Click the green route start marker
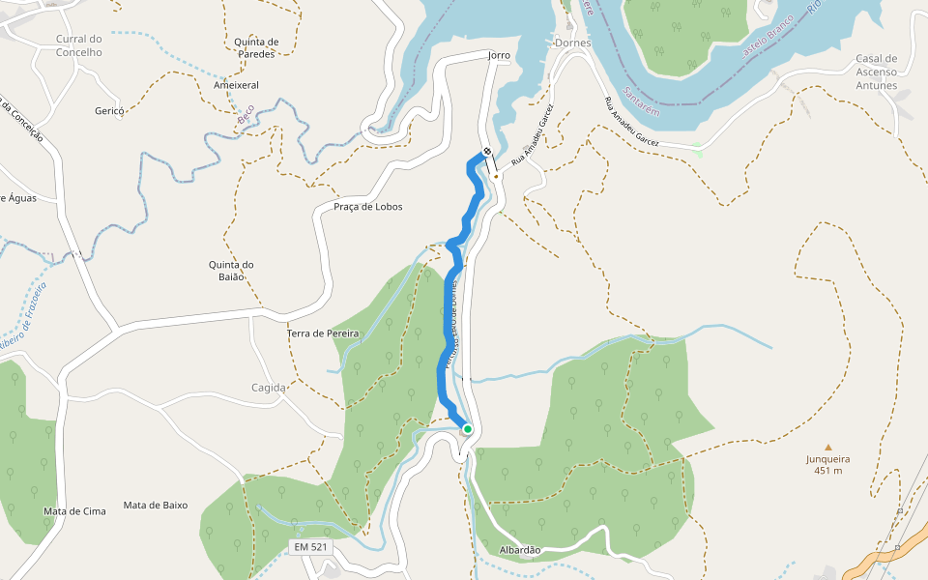468,429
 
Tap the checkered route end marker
487,152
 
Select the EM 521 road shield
311,548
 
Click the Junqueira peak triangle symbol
827,447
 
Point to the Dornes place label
573,43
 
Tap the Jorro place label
499,55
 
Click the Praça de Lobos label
367,207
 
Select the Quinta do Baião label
231,271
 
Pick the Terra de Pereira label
323,333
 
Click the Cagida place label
269,388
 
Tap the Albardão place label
520,550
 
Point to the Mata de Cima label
74,511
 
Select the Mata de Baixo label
156,506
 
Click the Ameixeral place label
236,85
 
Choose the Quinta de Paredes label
256,47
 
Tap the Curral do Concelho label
79,45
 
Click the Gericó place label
109,111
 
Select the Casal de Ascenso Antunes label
877,72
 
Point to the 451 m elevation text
827,471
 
